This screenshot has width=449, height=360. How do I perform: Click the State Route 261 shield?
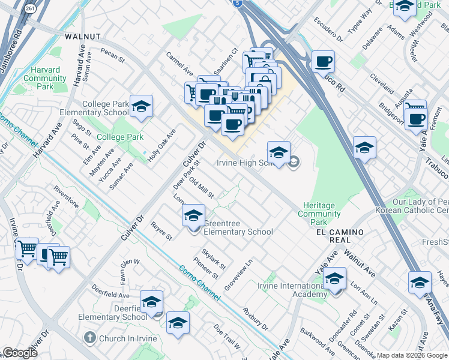29,9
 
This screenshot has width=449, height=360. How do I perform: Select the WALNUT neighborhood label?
83,37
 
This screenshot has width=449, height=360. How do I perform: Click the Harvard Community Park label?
45,79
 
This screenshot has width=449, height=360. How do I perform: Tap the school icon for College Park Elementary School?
140,107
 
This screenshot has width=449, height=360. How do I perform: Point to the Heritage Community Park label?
319,210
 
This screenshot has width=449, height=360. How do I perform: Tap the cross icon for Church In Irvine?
90,338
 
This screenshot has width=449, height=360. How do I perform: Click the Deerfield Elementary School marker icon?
151,301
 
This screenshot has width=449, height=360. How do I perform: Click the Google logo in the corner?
20,353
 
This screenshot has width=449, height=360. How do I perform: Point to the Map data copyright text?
412,355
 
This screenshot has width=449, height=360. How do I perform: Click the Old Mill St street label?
201,187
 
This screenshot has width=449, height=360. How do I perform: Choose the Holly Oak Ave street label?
162,143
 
